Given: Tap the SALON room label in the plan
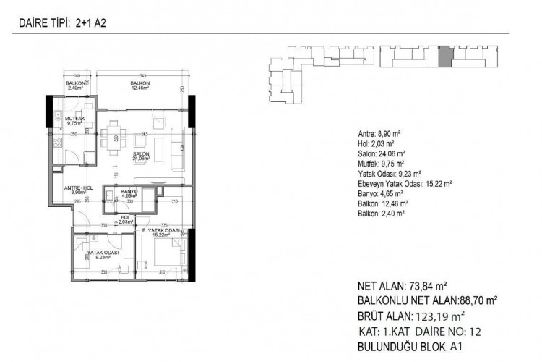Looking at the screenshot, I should (x=140, y=156).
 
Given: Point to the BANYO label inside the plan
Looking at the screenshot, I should (x=129, y=193).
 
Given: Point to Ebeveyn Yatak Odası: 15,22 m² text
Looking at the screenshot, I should (x=405, y=185).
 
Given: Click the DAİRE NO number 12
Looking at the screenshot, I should (x=471, y=332).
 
